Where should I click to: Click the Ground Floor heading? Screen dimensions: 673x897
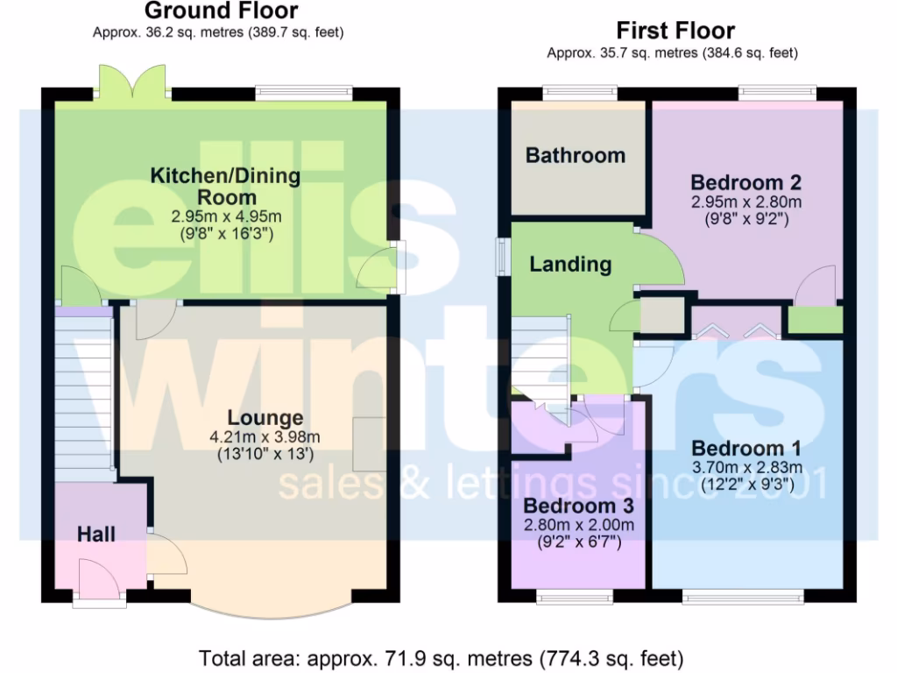coord(220,11)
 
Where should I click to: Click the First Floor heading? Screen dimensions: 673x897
coord(675,31)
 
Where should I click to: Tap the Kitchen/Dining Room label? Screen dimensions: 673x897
coord(226,186)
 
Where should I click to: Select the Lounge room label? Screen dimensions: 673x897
coord(265,418)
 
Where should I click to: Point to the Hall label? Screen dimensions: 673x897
coord(96,534)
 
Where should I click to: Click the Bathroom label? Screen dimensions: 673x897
coord(576,156)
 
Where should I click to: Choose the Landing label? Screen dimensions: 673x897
coord(570,264)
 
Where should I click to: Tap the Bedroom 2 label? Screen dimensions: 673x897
coord(746,183)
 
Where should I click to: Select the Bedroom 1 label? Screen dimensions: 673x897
coord(746,450)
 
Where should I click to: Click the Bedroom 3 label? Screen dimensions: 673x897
coord(578,507)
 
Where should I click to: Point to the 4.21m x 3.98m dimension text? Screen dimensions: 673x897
coord(265,437)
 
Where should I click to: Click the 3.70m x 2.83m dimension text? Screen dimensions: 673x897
coord(746,467)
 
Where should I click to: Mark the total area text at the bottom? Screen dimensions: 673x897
coord(441,657)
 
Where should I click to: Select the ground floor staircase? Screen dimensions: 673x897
coord(85,394)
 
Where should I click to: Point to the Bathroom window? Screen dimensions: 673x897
coord(578,91)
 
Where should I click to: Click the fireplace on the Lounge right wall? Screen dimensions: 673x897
coord(369,446)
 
